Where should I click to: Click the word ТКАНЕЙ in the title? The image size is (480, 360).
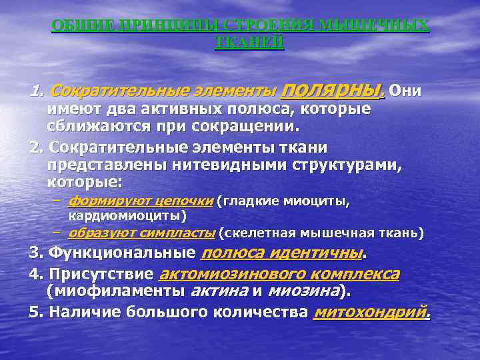click(x=250, y=42)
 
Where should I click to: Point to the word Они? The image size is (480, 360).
click(x=405, y=91)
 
